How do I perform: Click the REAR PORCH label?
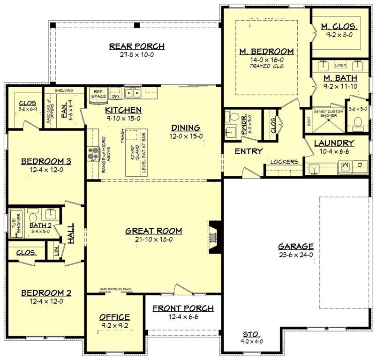click(x=136, y=46)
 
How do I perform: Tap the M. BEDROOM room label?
click(x=266, y=51)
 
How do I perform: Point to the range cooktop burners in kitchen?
click(x=90, y=153)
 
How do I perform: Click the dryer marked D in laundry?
click(x=360, y=165)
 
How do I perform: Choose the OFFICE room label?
click(x=114, y=317)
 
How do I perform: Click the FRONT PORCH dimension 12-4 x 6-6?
click(x=183, y=317)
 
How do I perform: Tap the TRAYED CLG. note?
click(x=266, y=66)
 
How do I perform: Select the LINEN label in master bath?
click(x=341, y=65)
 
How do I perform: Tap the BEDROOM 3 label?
click(x=46, y=161)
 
